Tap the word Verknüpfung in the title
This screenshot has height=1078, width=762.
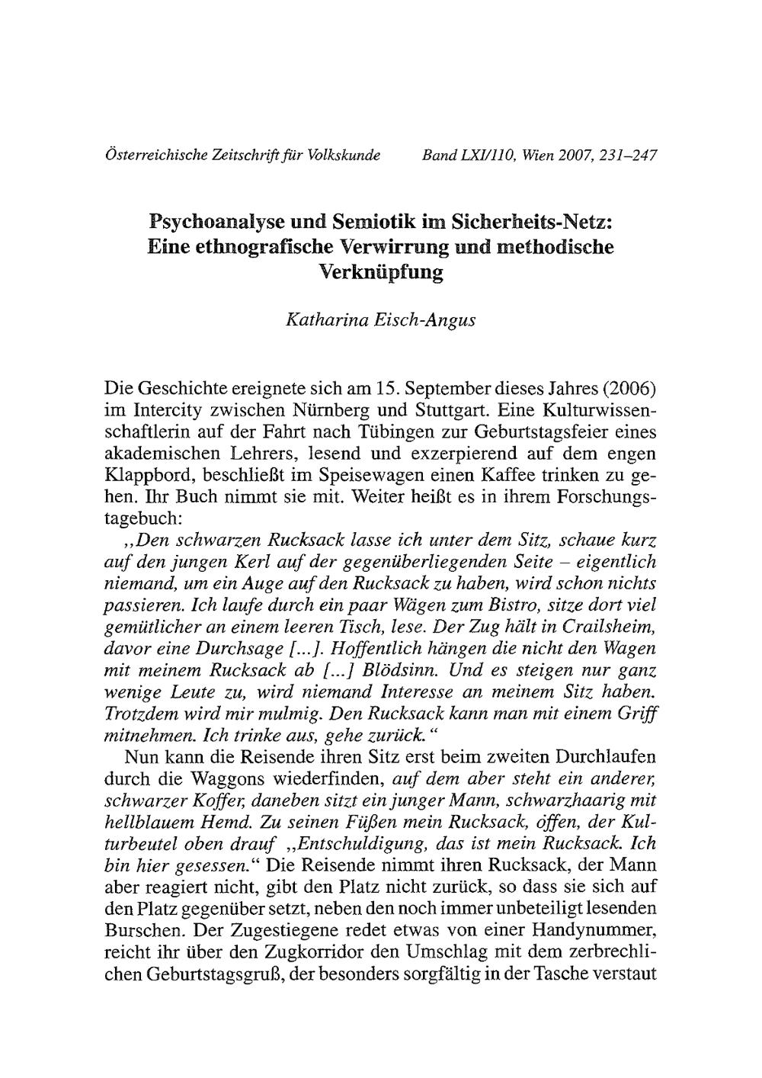(x=380, y=271)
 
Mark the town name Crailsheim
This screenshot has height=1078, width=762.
(x=607, y=628)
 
